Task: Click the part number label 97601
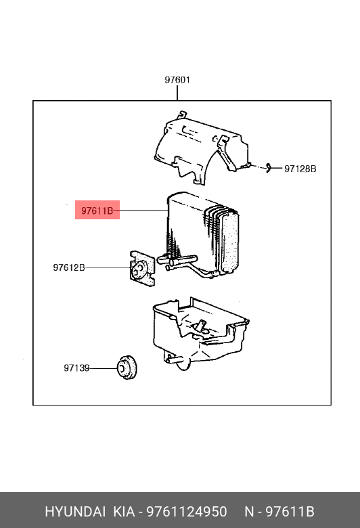(177, 80)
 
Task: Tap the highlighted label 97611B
(97, 211)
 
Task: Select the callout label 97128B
(300, 169)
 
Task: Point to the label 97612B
(69, 267)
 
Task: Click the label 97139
(76, 368)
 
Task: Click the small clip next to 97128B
(269, 168)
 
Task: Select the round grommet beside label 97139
(127, 368)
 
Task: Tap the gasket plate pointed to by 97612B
(143, 268)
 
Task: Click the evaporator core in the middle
(203, 233)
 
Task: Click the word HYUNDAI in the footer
(75, 512)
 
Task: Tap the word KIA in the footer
(125, 512)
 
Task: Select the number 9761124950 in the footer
(187, 512)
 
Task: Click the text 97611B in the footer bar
(290, 512)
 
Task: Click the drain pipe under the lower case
(176, 359)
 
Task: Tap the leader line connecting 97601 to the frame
(177, 93)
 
